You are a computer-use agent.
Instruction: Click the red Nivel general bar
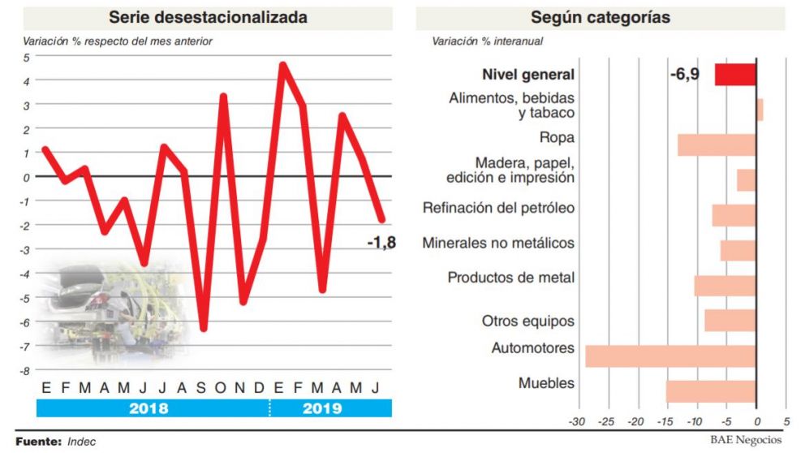pos(735,75)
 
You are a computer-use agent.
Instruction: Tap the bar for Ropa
pos(717,145)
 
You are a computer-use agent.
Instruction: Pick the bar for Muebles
pos(711,391)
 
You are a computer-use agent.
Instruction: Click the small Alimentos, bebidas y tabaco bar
pos(760,110)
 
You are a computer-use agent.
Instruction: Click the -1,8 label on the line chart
pos(381,242)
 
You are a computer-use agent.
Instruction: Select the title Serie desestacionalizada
pos(208,17)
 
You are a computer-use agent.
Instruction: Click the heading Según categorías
pos(601,17)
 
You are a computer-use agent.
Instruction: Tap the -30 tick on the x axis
pos(576,422)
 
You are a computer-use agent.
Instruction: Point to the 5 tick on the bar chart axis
pos(786,422)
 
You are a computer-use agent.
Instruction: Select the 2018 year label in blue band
pos(149,408)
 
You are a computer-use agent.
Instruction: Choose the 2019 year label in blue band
pos(322,408)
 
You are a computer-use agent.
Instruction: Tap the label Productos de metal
pos(510,278)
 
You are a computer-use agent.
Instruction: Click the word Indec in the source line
pos(83,441)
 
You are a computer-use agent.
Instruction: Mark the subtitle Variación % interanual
pos(487,41)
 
